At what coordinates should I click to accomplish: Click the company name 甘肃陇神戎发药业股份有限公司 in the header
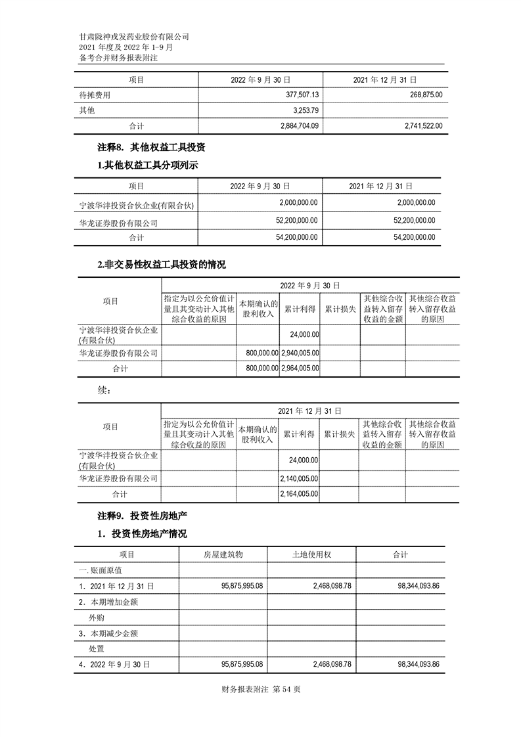click(133, 37)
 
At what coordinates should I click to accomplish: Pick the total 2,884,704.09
click(293, 125)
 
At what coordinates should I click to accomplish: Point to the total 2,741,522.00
click(417, 125)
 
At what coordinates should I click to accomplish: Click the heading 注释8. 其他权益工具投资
click(156, 148)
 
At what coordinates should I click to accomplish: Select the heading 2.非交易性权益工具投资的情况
click(161, 265)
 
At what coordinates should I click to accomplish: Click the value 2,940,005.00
click(300, 353)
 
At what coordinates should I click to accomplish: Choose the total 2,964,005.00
click(300, 368)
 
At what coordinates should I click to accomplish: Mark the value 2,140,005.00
click(300, 479)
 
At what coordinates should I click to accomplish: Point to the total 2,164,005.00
click(300, 494)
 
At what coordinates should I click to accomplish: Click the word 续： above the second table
click(104, 391)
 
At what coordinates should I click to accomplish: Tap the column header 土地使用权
click(311, 555)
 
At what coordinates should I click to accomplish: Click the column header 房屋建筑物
click(223, 555)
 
